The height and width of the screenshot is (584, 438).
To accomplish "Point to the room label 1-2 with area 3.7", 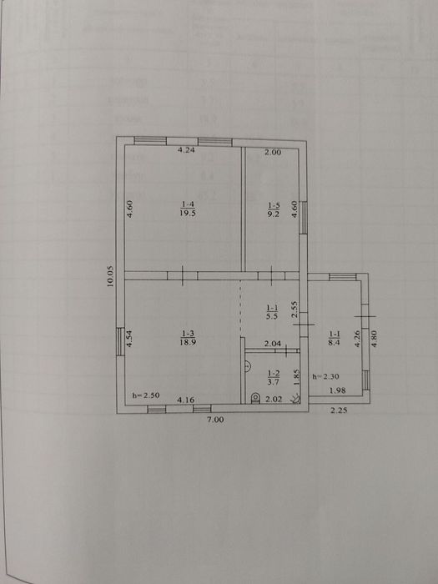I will click(273, 378).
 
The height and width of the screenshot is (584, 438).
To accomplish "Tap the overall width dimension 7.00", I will click(216, 420).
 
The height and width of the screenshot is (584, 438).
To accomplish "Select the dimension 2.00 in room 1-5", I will click(273, 153).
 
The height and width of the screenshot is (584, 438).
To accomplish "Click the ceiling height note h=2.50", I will click(147, 395).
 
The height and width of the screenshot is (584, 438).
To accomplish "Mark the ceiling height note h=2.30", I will click(324, 376).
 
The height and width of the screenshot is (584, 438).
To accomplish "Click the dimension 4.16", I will click(186, 400).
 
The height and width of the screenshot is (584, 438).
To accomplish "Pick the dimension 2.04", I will click(272, 344).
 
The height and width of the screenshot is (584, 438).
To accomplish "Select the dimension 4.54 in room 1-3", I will click(129, 340).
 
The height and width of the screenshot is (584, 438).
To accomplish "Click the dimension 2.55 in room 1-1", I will click(294, 310).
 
